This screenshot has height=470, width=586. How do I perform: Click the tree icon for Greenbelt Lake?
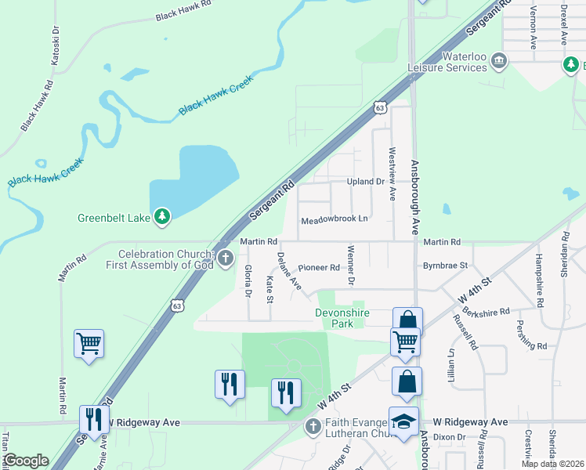point(162,216)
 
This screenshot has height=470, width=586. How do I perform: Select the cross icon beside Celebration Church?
point(225,258)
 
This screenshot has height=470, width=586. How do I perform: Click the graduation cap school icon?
point(404,422)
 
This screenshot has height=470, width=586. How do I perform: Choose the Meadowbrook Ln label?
point(335,219)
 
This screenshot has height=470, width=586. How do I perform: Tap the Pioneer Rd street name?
point(318,268)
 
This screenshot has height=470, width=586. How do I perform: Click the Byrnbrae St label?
point(445,266)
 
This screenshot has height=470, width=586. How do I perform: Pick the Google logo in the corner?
point(26,461)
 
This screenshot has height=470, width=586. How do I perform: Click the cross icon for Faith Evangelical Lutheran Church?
point(312,426)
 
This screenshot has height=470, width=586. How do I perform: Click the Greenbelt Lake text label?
point(115,218)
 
